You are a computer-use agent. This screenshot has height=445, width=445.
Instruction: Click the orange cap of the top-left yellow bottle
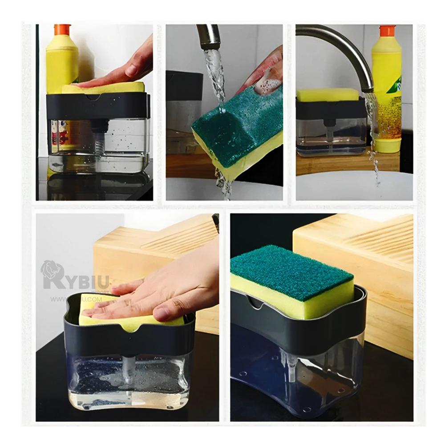point(63,30)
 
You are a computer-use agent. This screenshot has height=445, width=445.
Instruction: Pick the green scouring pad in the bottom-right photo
point(291,269)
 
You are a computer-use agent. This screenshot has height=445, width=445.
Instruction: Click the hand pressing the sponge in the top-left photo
point(120,71)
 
